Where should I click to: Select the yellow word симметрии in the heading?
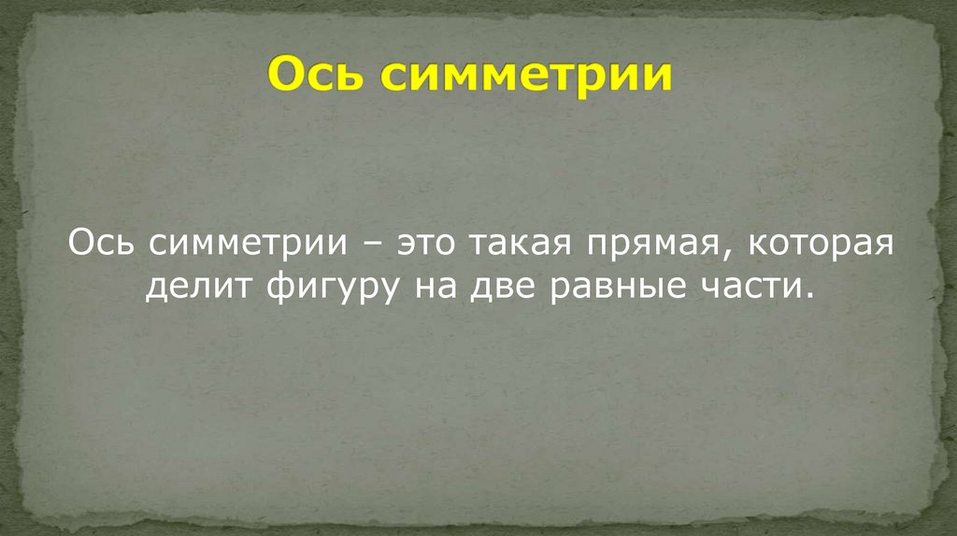point(526,76)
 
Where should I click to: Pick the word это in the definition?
point(429,245)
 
